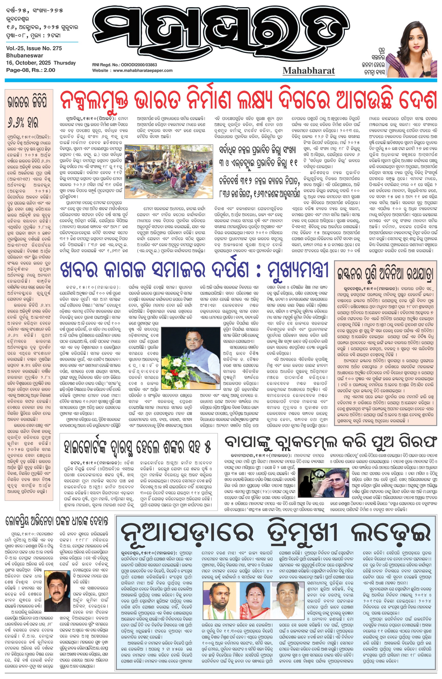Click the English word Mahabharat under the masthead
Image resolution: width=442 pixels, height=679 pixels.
click(309, 70)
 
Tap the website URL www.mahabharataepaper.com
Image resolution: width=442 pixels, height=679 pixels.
click(143, 70)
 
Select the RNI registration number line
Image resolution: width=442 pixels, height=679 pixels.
click(124, 65)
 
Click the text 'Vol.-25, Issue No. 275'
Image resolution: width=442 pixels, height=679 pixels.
click(34, 48)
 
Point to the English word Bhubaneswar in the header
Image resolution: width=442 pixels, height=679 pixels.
click(25, 56)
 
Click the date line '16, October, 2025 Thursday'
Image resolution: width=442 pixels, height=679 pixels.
click(41, 63)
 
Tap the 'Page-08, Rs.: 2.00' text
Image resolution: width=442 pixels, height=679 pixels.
click(30, 70)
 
